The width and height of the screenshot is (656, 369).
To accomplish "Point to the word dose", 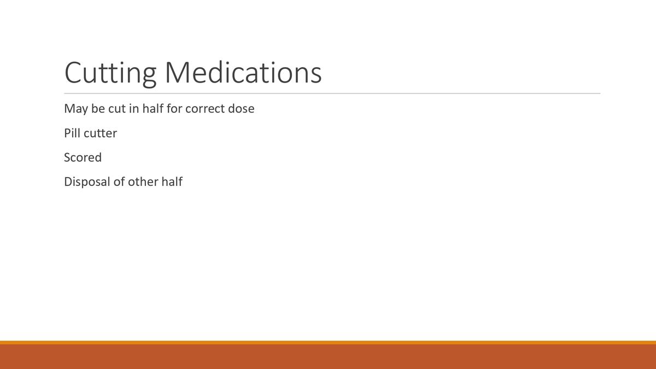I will (242, 108).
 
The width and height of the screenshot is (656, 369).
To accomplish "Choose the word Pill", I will (72, 133).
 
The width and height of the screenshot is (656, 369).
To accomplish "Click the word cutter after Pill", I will (100, 133).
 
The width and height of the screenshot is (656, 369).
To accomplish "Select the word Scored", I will (83, 157).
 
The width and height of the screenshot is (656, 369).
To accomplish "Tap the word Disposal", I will (87, 182).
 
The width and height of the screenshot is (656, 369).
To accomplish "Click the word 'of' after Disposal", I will (119, 181).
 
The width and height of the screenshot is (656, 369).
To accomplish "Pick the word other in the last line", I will (143, 181).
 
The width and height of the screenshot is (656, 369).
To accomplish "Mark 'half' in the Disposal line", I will (172, 181).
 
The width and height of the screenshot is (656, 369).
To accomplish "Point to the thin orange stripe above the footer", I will (328, 343).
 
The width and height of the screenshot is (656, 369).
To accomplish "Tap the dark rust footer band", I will (328, 357).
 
